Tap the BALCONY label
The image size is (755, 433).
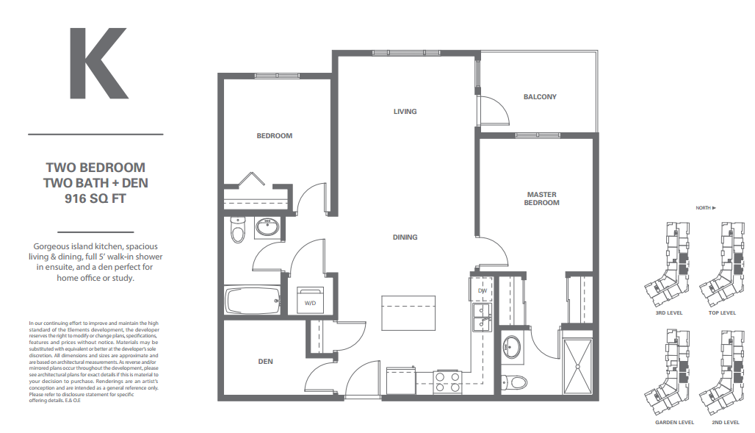pos(540,97)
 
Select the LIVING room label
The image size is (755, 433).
pos(405,112)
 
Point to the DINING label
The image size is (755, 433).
pos(405,237)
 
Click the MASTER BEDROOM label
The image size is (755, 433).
pos(541,198)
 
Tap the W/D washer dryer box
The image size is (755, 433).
pos(310,301)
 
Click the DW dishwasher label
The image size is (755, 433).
pos(483,291)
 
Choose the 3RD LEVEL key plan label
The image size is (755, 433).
pos(669,313)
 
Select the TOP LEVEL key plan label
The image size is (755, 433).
pos(723,313)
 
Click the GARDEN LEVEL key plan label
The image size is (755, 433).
pos(674,423)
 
